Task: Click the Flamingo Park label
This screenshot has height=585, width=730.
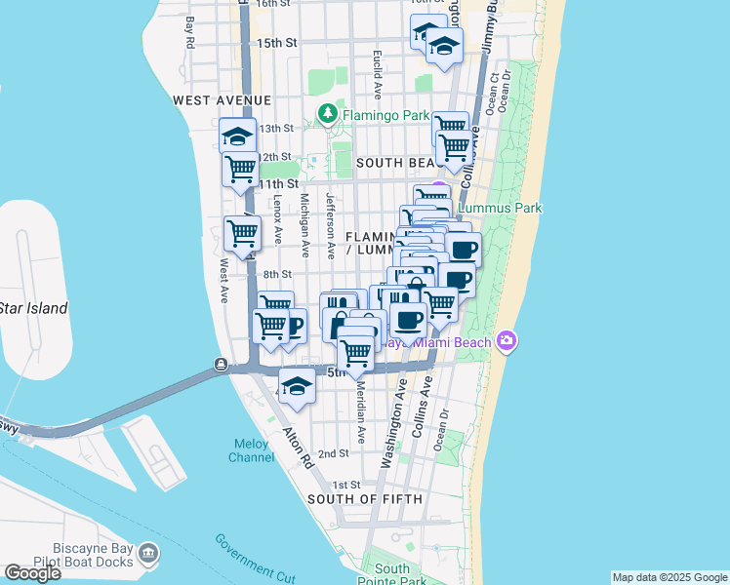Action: click(385, 115)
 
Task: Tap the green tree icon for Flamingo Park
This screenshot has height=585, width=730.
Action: click(328, 115)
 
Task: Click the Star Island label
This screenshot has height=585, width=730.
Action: click(33, 309)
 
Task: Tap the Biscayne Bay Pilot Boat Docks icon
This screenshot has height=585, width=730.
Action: click(148, 554)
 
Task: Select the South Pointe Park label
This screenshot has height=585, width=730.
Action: click(392, 574)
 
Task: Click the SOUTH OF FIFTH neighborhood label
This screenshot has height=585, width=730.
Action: click(365, 499)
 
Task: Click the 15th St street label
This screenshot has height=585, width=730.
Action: click(277, 44)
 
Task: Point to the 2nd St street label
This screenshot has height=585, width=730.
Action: click(334, 453)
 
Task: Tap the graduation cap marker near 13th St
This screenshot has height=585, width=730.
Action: click(237, 136)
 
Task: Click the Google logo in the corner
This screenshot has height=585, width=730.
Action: click(32, 573)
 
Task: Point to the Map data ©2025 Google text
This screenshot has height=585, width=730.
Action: click(669, 577)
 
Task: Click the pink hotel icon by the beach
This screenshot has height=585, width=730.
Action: click(507, 339)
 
